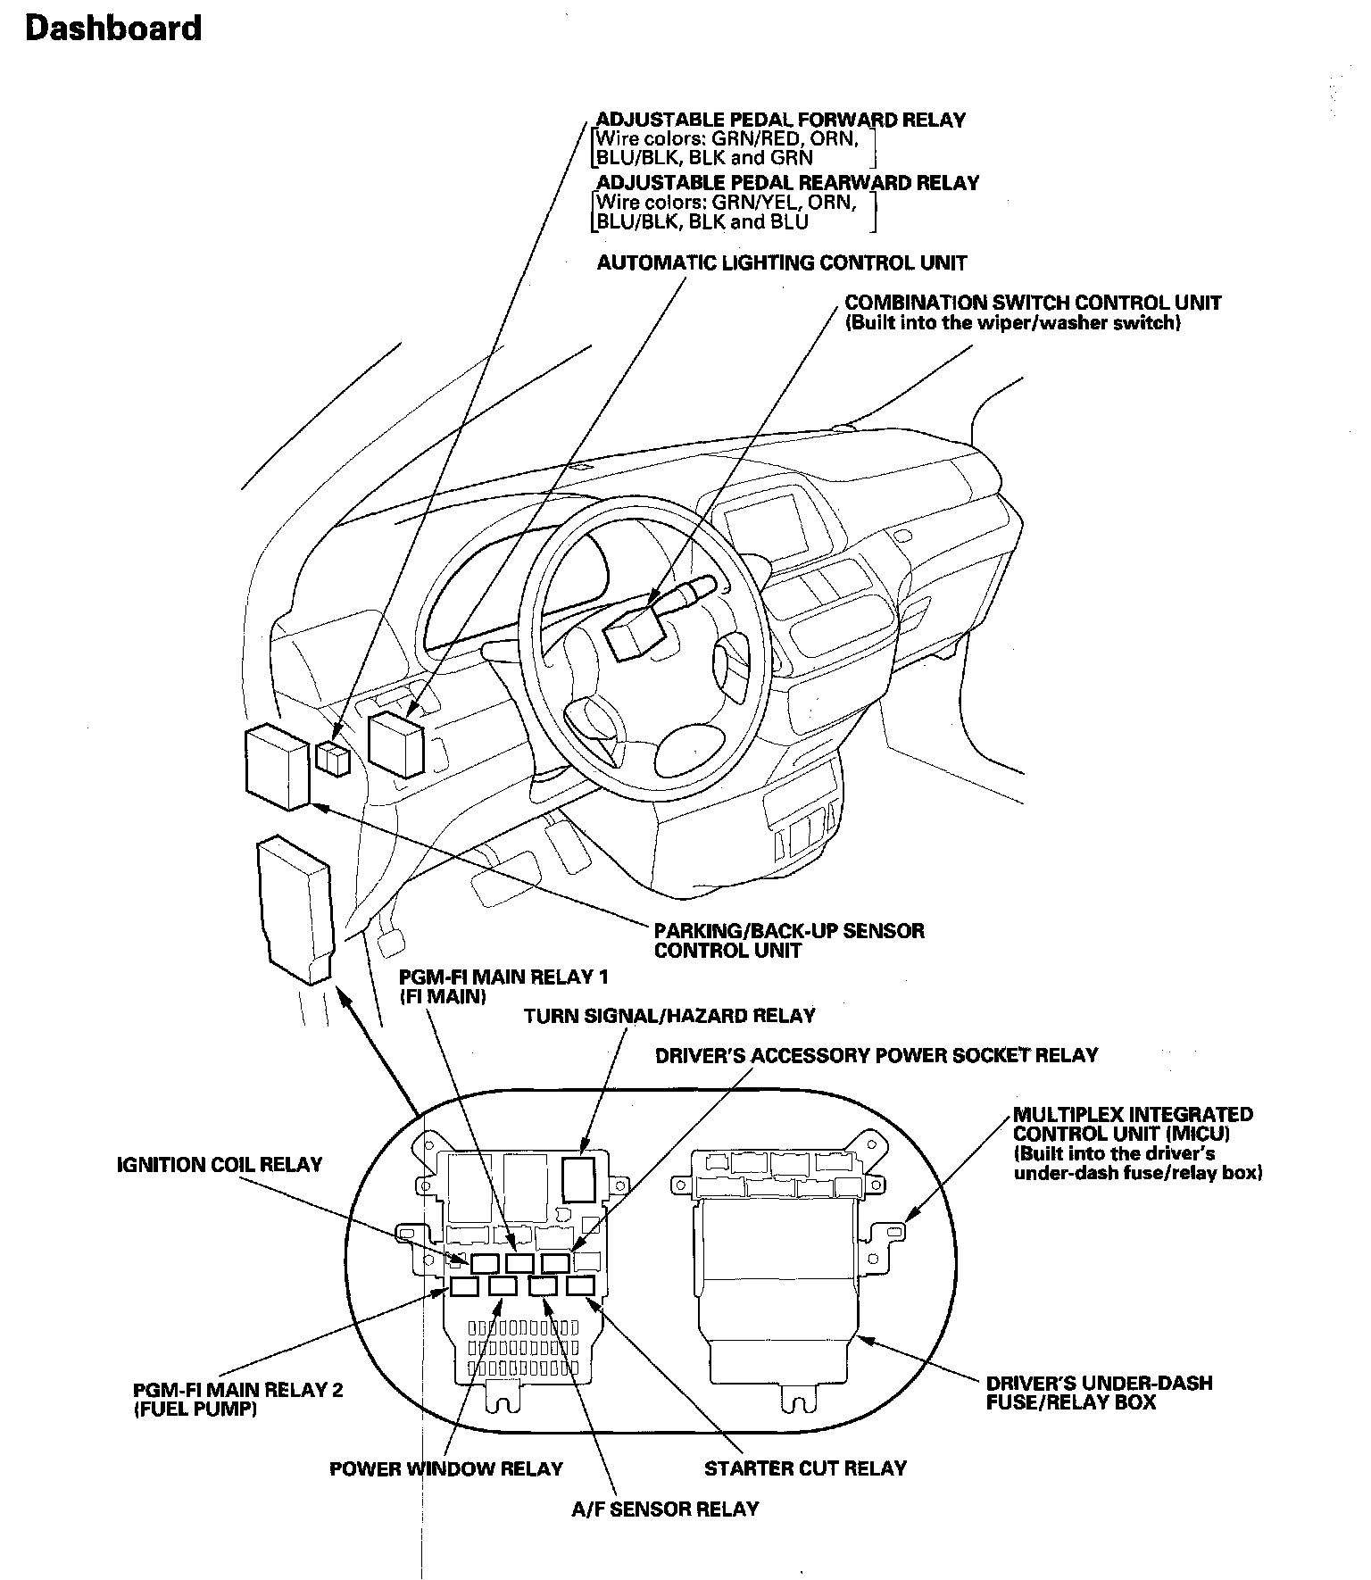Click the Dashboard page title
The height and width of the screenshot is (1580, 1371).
(x=113, y=29)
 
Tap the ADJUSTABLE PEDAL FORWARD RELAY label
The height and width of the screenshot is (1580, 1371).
(x=780, y=120)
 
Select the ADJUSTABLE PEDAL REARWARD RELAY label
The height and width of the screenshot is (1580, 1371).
(x=787, y=183)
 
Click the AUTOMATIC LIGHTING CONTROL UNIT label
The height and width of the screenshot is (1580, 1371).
(x=781, y=263)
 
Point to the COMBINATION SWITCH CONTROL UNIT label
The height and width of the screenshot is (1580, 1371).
(x=1033, y=303)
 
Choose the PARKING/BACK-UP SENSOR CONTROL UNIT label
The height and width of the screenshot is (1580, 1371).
(x=789, y=941)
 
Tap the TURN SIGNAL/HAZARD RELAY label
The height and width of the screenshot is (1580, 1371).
(x=669, y=1016)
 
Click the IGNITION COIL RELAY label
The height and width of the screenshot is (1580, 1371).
(x=220, y=1165)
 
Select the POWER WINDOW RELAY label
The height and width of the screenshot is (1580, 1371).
(x=446, y=1468)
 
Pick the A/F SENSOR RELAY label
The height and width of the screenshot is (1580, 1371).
(x=665, y=1509)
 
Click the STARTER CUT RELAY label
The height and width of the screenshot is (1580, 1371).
(x=805, y=1468)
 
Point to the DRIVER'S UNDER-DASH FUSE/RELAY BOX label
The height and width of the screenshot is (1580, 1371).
(x=1099, y=1393)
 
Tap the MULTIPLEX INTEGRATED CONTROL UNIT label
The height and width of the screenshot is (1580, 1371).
(x=1133, y=1125)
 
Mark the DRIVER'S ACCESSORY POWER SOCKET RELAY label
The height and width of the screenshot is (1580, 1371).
(x=877, y=1055)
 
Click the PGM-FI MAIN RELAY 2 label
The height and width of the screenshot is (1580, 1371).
(x=237, y=1390)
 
